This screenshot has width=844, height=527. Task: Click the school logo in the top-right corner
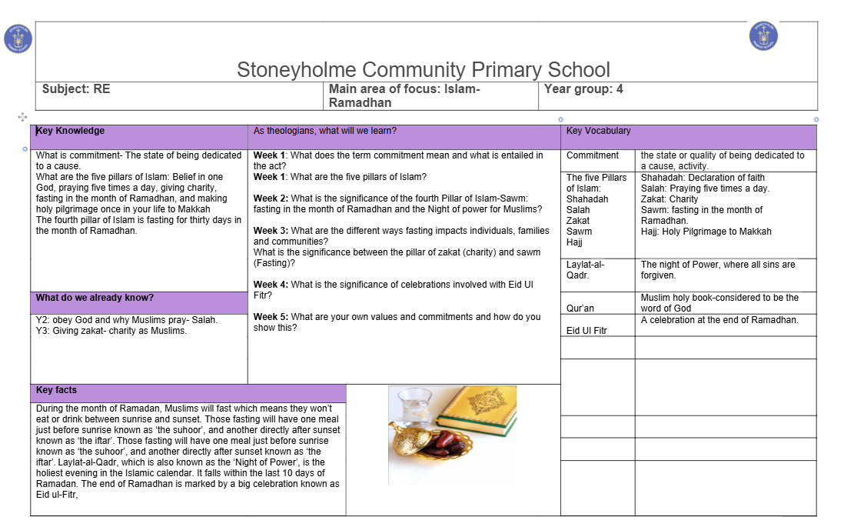pos(763,36)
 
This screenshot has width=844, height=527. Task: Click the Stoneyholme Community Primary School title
pos(424,70)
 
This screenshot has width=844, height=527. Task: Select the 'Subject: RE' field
pos(76,89)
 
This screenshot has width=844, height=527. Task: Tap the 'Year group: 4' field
pos(583,89)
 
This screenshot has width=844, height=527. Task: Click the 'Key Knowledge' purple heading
pos(71,131)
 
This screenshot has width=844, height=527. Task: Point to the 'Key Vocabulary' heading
pos(598,131)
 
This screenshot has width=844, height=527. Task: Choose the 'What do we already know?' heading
pos(95,298)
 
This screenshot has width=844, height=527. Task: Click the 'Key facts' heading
pos(57,390)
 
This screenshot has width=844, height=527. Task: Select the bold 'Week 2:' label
pos(271,198)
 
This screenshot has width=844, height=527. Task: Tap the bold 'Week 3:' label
pos(271,231)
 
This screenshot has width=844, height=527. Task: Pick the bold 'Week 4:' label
pos(271,285)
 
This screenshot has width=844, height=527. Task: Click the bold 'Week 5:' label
pos(271,317)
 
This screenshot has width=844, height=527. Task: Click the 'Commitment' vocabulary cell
pos(593,155)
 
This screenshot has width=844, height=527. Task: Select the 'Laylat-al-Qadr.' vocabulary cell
pos(586,269)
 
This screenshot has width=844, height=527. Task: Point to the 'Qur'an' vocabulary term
pos(580,309)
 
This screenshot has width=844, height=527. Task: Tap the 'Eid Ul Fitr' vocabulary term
pos(588,331)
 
